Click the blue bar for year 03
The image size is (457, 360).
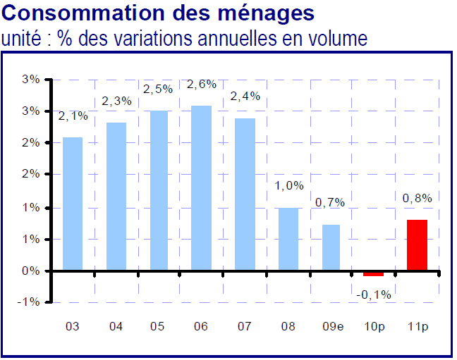tap(73, 204)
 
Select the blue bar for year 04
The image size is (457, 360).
tap(116, 197)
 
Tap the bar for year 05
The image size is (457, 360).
tap(159, 190)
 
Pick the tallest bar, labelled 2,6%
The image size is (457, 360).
tap(202, 188)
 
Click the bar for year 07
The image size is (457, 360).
tap(245, 194)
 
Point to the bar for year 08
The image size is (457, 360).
tap(288, 239)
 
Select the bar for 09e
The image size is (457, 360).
tap(331, 247)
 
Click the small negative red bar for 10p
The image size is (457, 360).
tap(374, 273)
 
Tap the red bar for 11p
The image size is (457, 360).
tap(418, 245)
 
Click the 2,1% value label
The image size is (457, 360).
tap(73, 116)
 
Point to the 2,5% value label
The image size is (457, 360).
tap(158, 89)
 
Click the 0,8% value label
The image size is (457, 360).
tap(418, 199)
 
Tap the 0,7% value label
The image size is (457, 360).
tap(330, 203)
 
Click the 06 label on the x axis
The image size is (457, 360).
tap(202, 327)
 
